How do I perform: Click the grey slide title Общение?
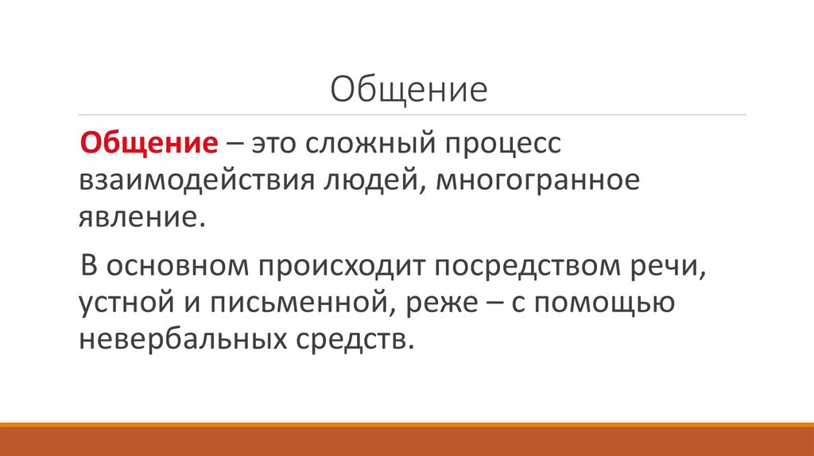[x=408, y=89]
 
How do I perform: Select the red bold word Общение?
[x=151, y=145]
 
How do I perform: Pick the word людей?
[x=367, y=182]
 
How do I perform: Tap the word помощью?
[x=602, y=303]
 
